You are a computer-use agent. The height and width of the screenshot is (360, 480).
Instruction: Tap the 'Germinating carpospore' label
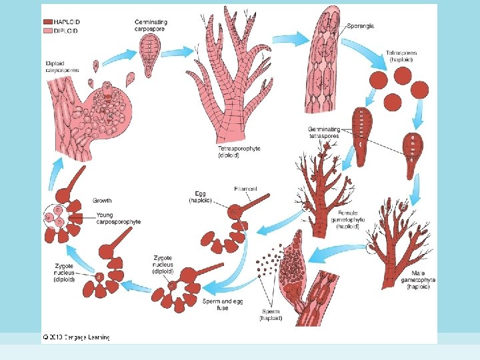pyautogui.click(x=151, y=25)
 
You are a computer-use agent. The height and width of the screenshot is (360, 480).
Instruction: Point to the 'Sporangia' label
pyautogui.click(x=361, y=26)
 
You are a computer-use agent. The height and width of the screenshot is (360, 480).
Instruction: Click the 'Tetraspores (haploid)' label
pyautogui.click(x=399, y=56)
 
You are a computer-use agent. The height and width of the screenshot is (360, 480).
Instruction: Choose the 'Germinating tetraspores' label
pyautogui.click(x=324, y=132)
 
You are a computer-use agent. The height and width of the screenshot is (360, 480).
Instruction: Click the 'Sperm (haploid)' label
pyautogui.click(x=271, y=315)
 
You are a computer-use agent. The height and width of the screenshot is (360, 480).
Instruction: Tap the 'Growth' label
pyautogui.click(x=103, y=200)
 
